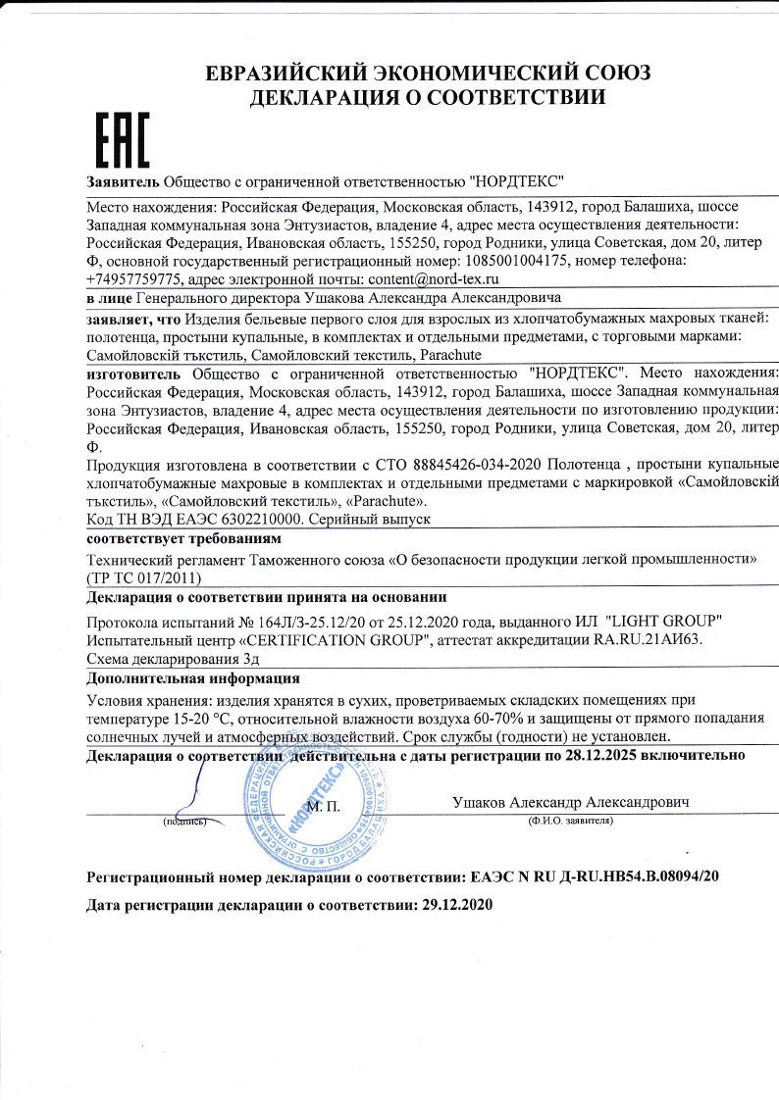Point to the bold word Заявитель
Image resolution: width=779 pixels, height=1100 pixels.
coord(124,182)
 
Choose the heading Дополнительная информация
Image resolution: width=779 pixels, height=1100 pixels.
coord(193,678)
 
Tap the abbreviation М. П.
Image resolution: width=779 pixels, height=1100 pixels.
coord(323,806)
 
